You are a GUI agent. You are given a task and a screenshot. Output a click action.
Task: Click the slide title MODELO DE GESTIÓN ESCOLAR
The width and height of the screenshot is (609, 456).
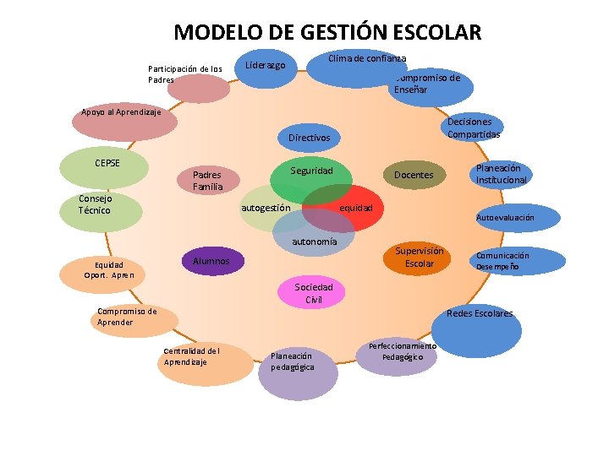327,33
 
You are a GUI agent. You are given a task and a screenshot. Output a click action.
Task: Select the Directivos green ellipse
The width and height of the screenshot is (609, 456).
309,137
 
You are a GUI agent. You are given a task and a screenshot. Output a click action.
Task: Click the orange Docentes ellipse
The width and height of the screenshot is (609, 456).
414,176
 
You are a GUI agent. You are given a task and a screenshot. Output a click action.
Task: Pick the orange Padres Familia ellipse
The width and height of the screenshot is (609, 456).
208,180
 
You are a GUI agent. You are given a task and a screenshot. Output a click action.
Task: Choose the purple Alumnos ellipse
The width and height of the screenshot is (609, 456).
212,262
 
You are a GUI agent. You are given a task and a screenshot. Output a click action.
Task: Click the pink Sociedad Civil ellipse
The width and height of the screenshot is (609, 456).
314,293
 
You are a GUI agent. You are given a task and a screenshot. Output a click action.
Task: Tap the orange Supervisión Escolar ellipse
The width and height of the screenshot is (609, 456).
420,258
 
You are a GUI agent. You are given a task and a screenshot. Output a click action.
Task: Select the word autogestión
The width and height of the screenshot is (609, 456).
266,208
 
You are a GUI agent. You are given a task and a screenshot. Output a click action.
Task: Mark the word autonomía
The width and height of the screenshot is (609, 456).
314,242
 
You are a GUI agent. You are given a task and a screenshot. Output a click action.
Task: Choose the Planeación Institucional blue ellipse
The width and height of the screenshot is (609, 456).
502,175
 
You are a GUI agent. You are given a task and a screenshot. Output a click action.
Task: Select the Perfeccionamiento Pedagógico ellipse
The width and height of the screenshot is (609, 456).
403,352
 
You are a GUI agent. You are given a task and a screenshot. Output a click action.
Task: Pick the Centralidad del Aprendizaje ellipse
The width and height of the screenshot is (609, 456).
191,356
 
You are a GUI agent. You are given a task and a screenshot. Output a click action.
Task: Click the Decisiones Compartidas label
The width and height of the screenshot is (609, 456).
474,128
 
